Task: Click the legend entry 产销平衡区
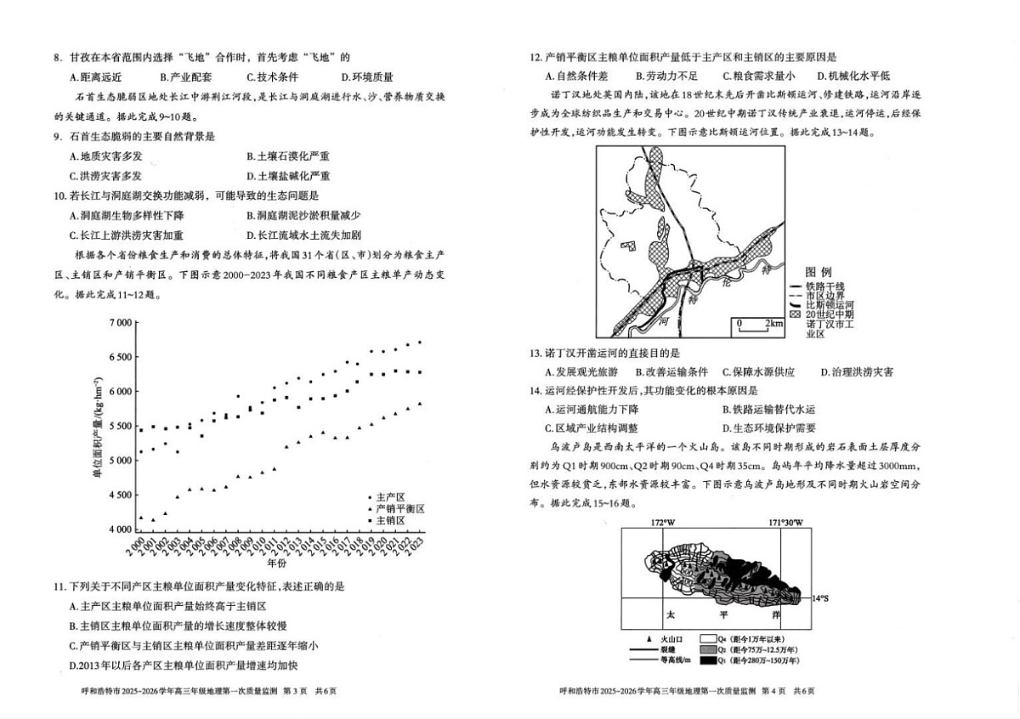point(399,508)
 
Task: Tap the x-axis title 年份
point(277,563)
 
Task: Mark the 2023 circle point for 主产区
point(419,342)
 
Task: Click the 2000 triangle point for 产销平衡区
point(141,518)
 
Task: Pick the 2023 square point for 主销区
point(419,372)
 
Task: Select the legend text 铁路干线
point(829,286)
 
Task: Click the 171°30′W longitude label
point(785,522)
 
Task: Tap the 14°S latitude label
point(819,598)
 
